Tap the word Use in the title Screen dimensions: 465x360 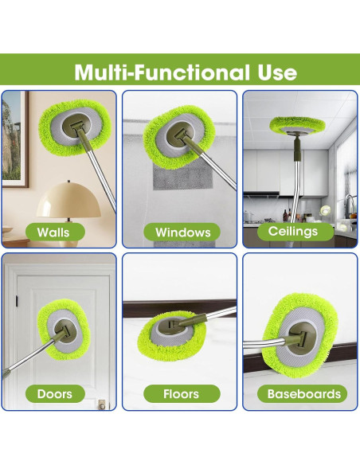point(276,72)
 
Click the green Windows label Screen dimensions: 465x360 point(182,232)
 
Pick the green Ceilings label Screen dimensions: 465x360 point(293,231)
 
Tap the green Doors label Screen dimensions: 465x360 point(54,393)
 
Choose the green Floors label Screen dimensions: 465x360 point(182,393)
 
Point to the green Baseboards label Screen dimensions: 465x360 point(303,393)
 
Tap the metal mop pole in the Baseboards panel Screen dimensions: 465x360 point(263,344)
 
